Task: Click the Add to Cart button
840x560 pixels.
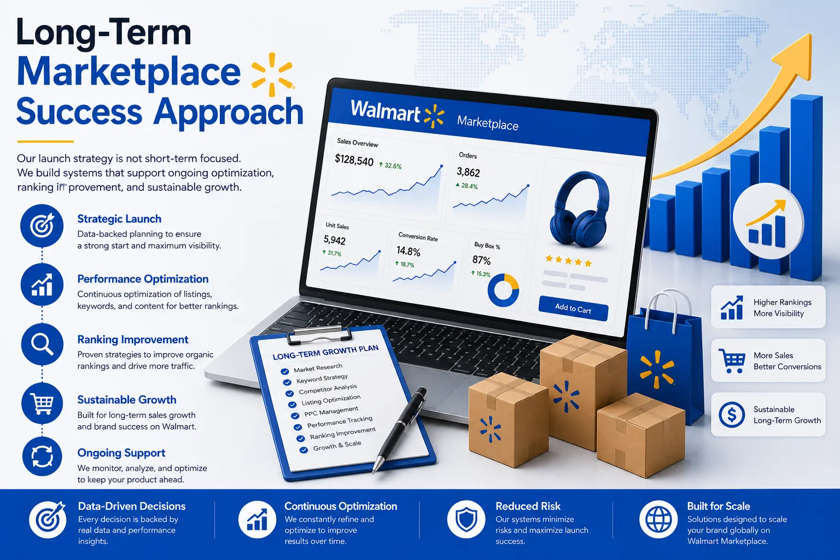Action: pos(573,308)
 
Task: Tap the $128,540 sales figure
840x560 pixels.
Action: pos(354,160)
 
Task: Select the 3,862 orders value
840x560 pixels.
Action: pos(468,172)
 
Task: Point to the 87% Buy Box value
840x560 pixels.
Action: pos(481,260)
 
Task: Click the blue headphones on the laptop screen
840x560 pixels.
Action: pos(579,209)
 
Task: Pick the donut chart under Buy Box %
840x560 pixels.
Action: pos(503,290)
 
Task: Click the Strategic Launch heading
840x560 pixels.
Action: pos(119,219)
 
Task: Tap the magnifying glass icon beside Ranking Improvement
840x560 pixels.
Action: pos(42,344)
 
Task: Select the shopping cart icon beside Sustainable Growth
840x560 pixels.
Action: pos(42,404)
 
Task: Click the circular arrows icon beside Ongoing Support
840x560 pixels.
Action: pos(42,457)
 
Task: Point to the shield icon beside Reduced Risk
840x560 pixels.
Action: pos(466,520)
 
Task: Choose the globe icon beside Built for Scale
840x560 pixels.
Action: pos(658,520)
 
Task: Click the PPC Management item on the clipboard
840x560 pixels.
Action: pos(331,411)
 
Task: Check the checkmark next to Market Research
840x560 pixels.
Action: pos(284,371)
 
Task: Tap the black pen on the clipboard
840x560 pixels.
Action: pos(400,429)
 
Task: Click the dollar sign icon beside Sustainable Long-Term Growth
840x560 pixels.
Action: pos(731,415)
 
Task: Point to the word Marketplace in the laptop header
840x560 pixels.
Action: pos(487,122)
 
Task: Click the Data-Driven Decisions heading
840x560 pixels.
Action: pos(132,506)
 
